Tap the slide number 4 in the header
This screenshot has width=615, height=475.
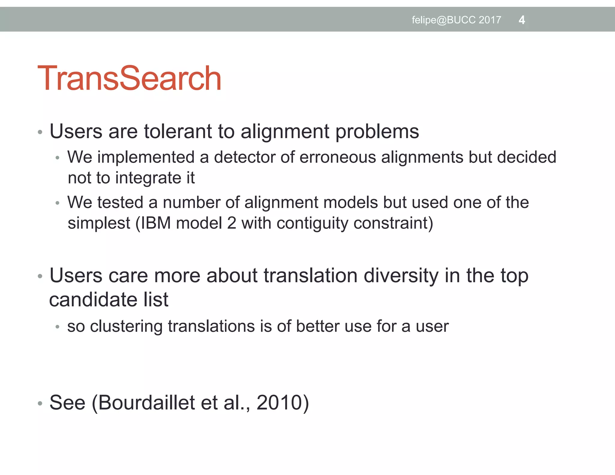[522, 20]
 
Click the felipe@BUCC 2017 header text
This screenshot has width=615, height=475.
[456, 20]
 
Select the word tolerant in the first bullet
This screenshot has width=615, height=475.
[171, 132]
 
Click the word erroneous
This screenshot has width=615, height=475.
[338, 157]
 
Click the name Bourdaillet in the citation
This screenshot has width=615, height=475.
[147, 403]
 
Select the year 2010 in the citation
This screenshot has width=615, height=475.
[279, 403]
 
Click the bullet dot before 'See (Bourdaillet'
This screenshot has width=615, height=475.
[40, 404]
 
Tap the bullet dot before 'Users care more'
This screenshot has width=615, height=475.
[40, 277]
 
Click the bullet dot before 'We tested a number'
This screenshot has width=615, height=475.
[58, 203]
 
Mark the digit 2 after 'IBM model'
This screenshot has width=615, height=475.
[232, 223]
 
